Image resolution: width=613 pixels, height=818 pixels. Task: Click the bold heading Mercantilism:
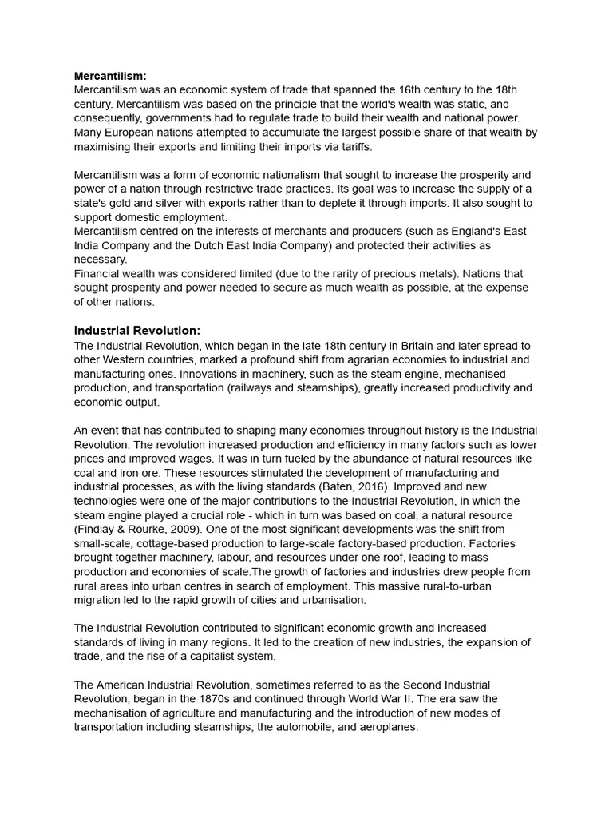point(110,76)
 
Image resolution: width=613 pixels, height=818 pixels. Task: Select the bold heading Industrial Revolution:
point(136,331)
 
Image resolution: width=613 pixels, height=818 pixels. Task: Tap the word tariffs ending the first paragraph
point(353,147)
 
